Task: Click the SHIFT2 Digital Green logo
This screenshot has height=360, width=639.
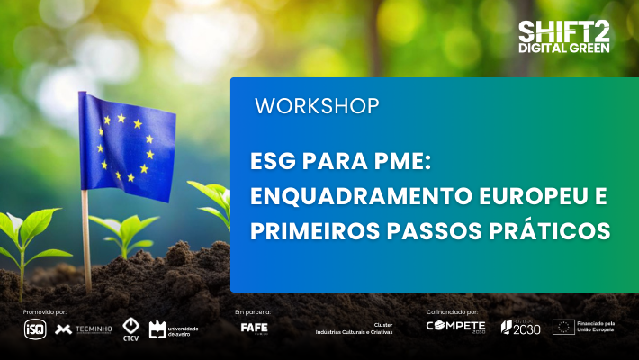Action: (563, 35)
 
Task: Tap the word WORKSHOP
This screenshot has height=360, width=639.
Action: (316, 105)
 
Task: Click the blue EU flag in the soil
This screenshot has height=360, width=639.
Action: (125, 145)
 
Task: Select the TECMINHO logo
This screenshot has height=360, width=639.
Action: (84, 328)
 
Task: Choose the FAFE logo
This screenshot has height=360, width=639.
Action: (254, 328)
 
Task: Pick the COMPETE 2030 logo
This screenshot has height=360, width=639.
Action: (454, 327)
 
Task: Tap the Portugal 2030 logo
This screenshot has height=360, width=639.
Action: (520, 327)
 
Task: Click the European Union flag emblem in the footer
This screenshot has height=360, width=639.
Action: (563, 327)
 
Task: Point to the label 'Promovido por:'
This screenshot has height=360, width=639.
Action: (46, 311)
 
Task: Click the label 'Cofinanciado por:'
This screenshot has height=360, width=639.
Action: (452, 311)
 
